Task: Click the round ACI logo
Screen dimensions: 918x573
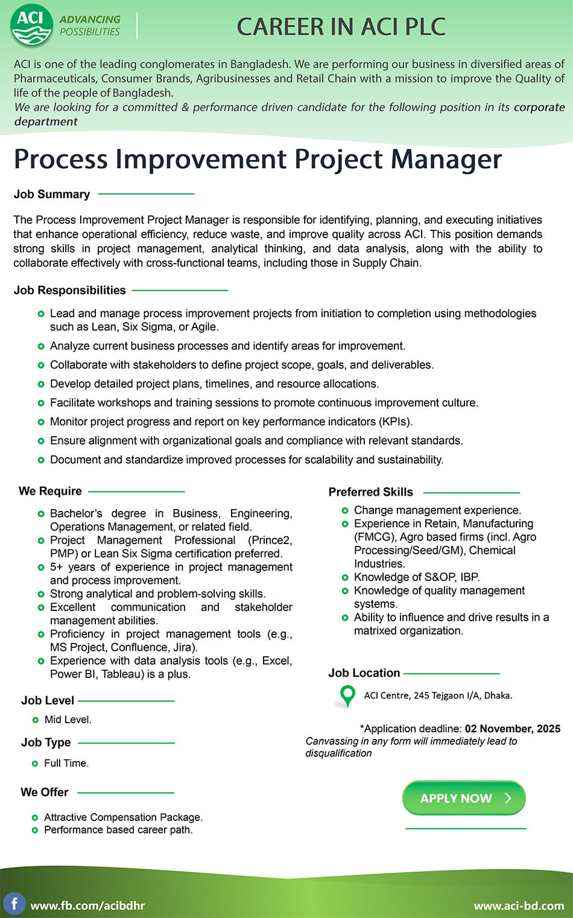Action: click(x=31, y=25)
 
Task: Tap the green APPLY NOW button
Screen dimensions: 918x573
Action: click(x=464, y=798)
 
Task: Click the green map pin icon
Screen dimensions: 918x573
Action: click(x=347, y=695)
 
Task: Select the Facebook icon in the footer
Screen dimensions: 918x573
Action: click(x=14, y=904)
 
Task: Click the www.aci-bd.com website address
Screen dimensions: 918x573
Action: click(x=519, y=905)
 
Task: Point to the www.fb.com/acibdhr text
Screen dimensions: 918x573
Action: click(x=87, y=905)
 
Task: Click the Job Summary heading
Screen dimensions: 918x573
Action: click(x=52, y=194)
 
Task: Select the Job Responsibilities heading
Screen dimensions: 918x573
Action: click(x=70, y=290)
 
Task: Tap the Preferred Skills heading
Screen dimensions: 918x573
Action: click(x=370, y=492)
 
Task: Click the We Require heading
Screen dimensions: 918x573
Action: click(x=50, y=491)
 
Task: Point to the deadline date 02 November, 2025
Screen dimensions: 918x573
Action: click(x=512, y=729)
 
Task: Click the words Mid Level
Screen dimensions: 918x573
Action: click(x=68, y=720)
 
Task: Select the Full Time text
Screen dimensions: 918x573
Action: click(x=66, y=763)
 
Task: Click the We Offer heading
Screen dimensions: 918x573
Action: click(x=45, y=792)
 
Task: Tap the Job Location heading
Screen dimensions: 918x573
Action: click(x=364, y=673)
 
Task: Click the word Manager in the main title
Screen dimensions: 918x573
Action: click(x=446, y=160)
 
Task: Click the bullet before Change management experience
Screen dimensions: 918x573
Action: click(x=345, y=510)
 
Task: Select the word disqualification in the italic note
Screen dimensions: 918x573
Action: click(x=338, y=753)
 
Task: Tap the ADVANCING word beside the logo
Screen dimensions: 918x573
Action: click(x=90, y=19)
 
